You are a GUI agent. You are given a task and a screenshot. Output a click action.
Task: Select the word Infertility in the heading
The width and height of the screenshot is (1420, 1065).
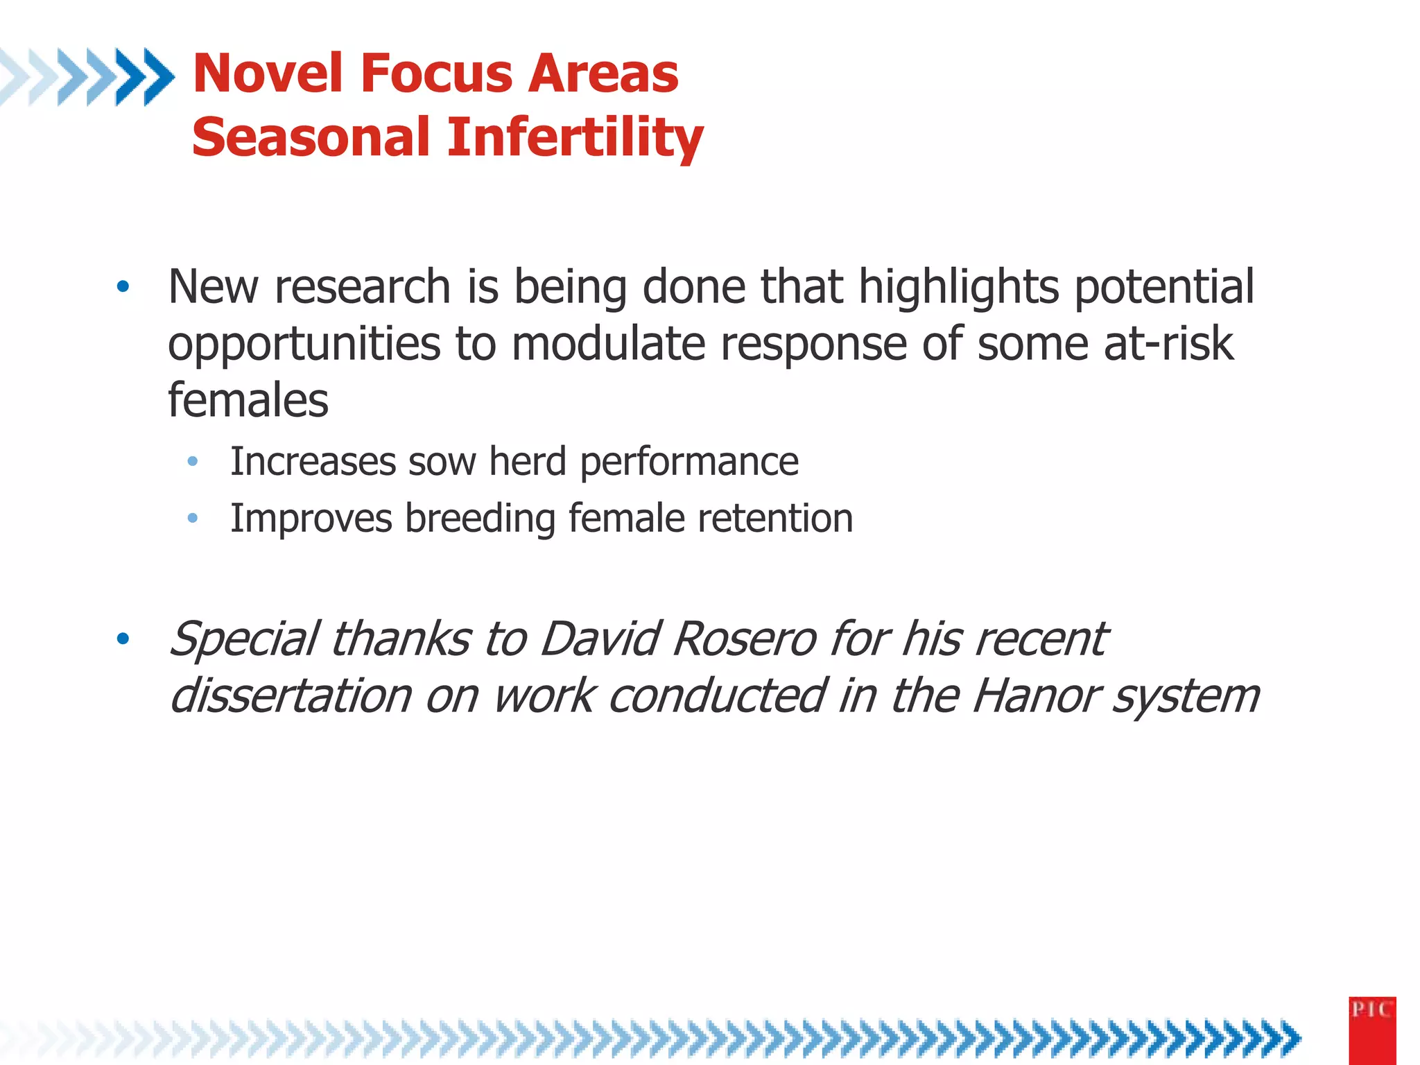click(575, 137)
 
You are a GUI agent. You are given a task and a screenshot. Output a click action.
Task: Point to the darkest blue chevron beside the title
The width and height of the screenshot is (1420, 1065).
click(158, 76)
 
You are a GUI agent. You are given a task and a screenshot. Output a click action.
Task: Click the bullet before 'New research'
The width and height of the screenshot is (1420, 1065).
click(123, 286)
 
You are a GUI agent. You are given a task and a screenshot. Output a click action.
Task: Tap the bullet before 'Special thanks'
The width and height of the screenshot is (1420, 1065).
click(123, 639)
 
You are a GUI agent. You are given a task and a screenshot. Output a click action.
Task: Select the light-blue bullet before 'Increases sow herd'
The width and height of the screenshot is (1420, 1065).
click(193, 461)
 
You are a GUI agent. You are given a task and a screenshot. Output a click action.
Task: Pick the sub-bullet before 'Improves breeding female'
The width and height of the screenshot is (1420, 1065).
click(193, 518)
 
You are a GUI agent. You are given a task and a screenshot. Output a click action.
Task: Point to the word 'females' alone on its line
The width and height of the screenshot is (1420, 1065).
click(248, 400)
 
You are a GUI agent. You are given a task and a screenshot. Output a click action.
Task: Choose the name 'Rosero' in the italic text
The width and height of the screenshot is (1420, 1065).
click(745, 639)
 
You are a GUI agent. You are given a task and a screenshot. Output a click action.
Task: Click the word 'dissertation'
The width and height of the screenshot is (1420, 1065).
click(291, 695)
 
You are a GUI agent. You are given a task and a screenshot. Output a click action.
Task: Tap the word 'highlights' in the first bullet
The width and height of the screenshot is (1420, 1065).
click(959, 286)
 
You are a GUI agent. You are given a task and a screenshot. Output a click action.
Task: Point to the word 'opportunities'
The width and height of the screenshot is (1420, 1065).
click(304, 345)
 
